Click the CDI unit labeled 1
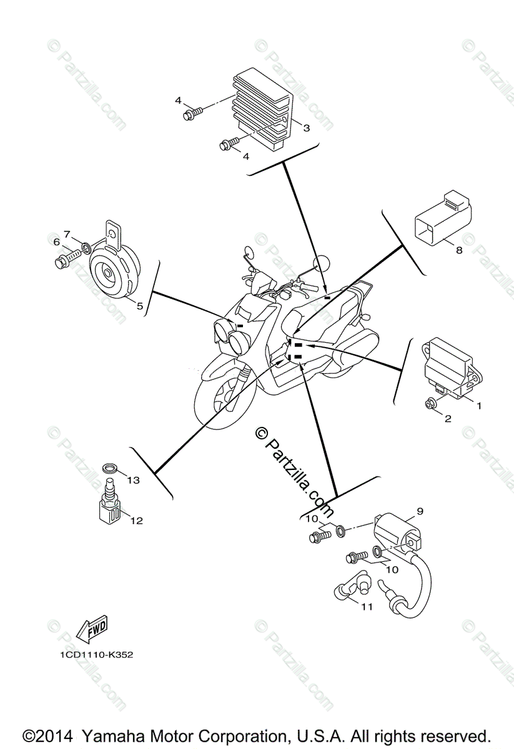tap(448, 368)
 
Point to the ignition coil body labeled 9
tap(395, 532)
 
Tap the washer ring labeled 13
tap(109, 468)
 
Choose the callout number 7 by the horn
tap(67, 234)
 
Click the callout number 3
tap(306, 128)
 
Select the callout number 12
tap(136, 521)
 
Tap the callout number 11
tap(367, 605)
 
